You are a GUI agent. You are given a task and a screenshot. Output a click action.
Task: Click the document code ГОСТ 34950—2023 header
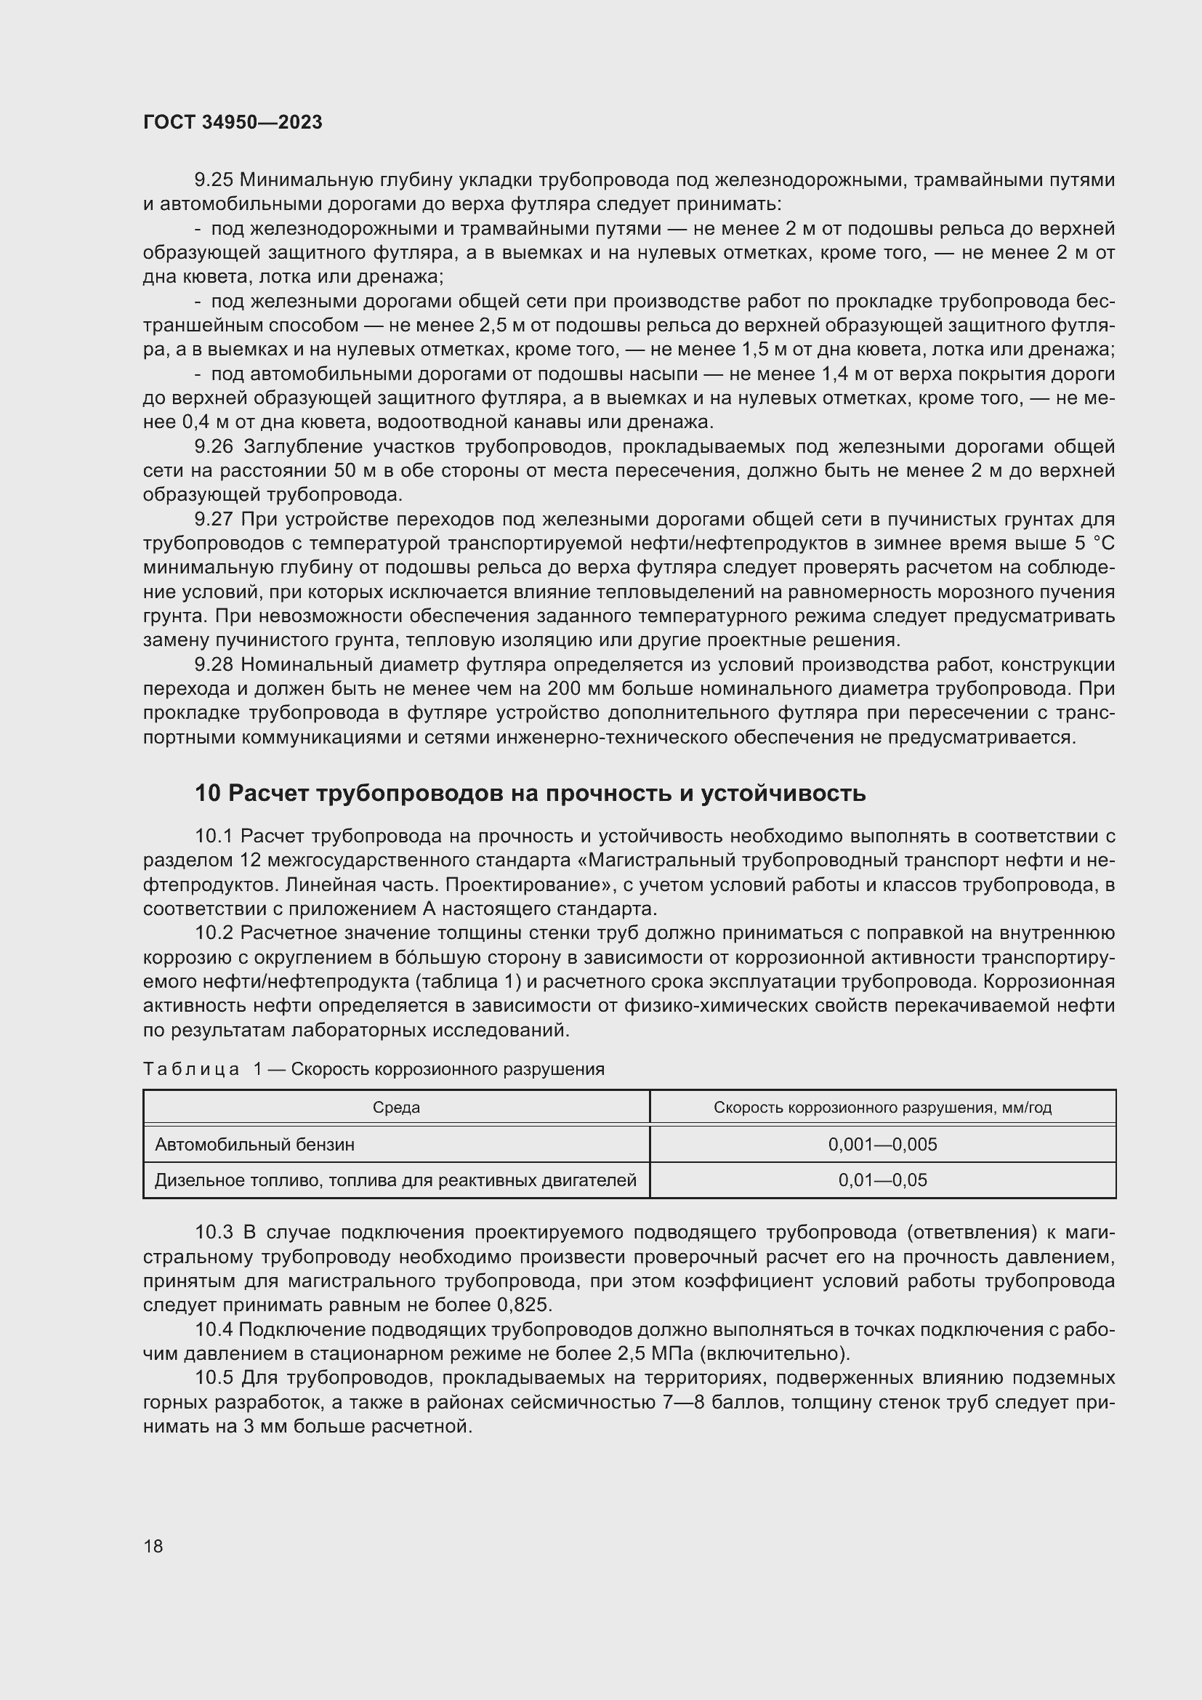(x=233, y=123)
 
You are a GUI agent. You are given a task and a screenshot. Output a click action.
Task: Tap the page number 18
(x=153, y=1546)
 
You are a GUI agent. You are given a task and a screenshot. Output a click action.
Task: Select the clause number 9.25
(x=213, y=180)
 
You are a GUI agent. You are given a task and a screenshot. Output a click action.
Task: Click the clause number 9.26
(x=213, y=446)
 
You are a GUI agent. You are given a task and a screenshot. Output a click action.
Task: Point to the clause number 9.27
(x=213, y=519)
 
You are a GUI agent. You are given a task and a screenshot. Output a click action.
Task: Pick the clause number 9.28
(x=213, y=665)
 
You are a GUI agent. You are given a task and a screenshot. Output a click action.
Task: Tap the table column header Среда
(x=396, y=1108)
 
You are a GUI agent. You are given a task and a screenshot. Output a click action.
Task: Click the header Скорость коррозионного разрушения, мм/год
(x=882, y=1108)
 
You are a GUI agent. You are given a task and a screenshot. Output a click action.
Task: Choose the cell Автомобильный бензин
(x=254, y=1145)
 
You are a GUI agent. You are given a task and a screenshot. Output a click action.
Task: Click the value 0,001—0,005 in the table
(x=882, y=1145)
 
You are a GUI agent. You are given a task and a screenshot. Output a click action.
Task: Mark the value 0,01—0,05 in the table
(x=882, y=1180)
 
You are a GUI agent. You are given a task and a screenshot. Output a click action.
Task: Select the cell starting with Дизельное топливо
(x=395, y=1180)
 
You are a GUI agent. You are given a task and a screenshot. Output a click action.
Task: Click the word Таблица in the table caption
(x=191, y=1069)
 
